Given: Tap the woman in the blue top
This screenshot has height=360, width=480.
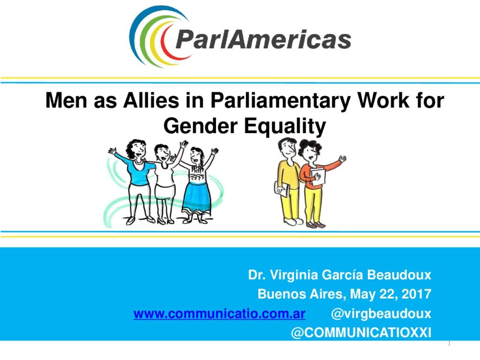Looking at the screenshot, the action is click(135, 180).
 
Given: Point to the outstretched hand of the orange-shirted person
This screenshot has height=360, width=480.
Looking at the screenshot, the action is click(343, 159).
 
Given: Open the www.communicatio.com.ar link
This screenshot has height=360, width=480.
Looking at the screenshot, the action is click(219, 314).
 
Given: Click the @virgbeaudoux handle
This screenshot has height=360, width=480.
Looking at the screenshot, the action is click(381, 314).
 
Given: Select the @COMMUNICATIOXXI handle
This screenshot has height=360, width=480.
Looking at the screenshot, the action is click(361, 332).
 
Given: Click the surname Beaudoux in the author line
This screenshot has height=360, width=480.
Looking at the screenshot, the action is click(399, 275).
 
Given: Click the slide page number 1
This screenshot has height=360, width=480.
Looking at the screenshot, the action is click(449, 344).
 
